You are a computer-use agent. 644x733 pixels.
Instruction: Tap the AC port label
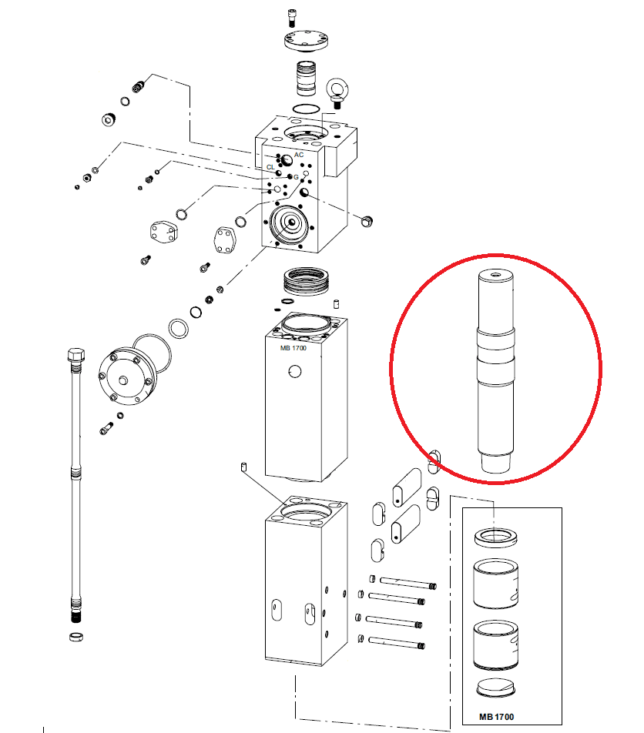[x=299, y=155]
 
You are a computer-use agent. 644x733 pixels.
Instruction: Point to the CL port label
[x=270, y=167]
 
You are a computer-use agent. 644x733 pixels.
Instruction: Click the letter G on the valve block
[x=296, y=177]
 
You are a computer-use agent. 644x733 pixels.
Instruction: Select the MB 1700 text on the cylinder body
[x=293, y=348]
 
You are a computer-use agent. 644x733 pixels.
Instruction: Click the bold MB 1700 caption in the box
[x=496, y=717]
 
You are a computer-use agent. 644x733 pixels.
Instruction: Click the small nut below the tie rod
[x=76, y=637]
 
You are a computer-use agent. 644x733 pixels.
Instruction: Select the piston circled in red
[x=496, y=372]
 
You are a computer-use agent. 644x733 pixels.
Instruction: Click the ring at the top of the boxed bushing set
[x=496, y=537]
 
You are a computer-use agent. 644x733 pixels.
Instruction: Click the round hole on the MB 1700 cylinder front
[x=294, y=372]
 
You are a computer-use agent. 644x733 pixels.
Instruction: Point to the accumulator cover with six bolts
[x=126, y=377]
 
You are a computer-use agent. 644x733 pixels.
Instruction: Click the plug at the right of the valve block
[x=367, y=221]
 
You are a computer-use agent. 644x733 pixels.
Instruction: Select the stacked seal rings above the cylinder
[x=307, y=280]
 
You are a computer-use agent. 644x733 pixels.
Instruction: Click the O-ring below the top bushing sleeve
[x=307, y=109]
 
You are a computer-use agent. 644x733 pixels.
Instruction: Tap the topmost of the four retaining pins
[x=408, y=582]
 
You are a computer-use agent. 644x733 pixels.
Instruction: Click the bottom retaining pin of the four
[x=397, y=642]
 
